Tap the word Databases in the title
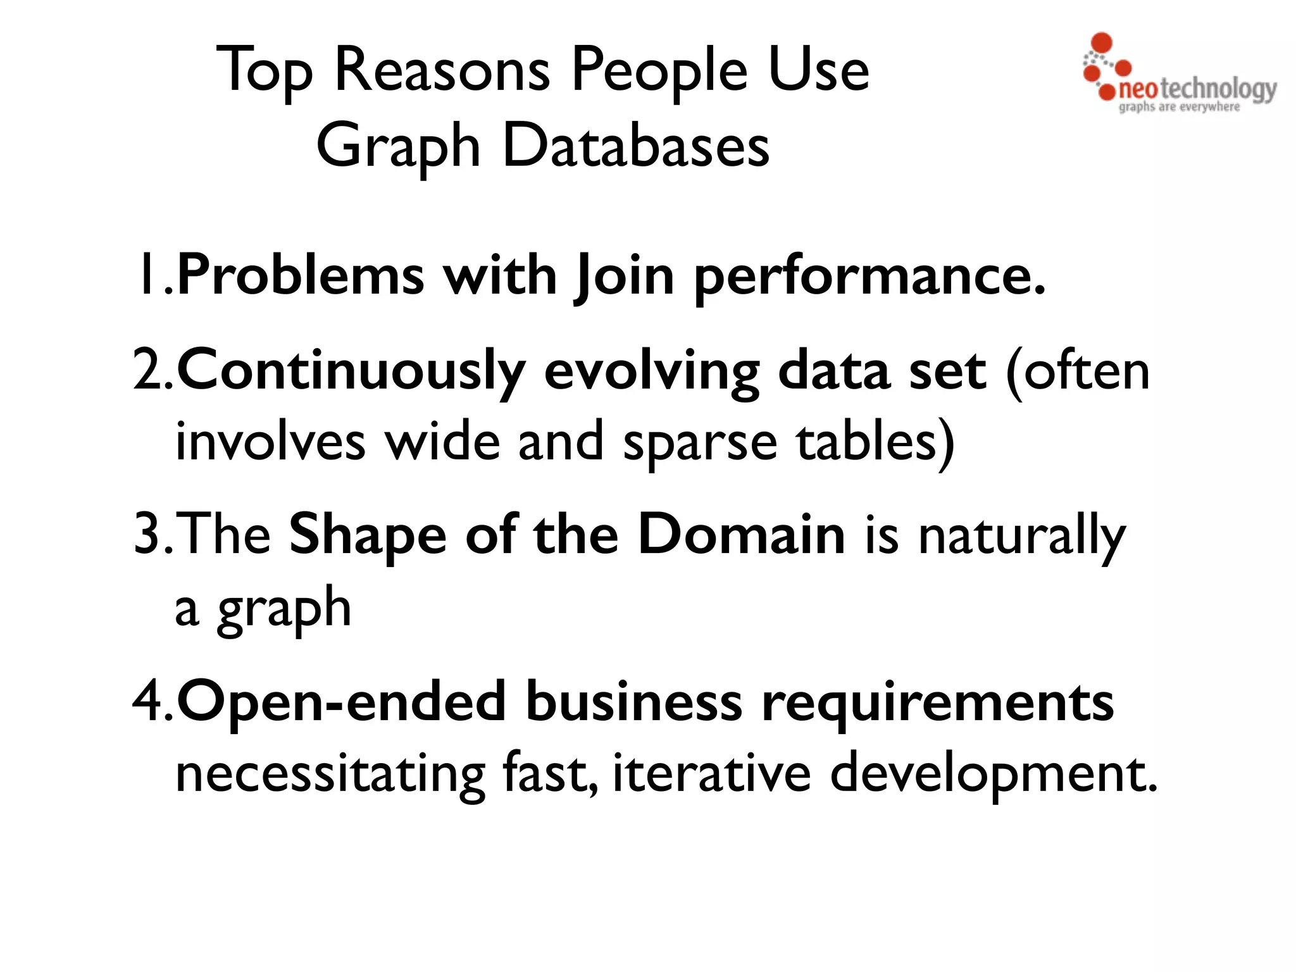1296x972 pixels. click(636, 146)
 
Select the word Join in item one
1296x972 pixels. click(625, 277)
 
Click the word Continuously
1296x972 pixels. click(351, 372)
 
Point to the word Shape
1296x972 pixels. click(368, 535)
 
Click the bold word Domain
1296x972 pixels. click(741, 535)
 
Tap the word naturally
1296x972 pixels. click(1021, 537)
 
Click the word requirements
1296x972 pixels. click(937, 703)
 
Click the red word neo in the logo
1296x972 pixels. click(1138, 90)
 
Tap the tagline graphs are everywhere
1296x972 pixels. click(1179, 107)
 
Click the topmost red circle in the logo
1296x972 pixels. click(1102, 42)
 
